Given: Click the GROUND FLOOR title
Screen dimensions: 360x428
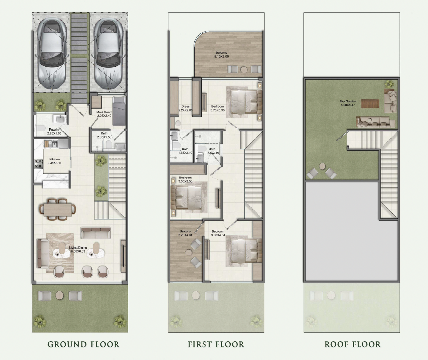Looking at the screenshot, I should [83, 344].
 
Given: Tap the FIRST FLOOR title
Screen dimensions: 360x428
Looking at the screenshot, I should [216, 344].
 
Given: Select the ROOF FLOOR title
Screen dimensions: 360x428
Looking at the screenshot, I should [352, 344].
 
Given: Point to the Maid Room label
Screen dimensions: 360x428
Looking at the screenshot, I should [104, 114].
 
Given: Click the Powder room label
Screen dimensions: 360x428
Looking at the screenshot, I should [54, 131].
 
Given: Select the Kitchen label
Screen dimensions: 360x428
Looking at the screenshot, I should [54, 161].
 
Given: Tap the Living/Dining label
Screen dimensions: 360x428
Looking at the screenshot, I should [78, 249].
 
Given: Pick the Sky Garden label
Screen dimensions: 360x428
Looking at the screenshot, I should [348, 103].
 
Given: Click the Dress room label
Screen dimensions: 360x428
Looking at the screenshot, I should [185, 108].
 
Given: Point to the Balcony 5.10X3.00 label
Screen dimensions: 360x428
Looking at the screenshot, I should [221, 54].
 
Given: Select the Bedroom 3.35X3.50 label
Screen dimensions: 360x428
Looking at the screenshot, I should [185, 179].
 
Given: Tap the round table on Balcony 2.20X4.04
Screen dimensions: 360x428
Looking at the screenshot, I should [189, 252].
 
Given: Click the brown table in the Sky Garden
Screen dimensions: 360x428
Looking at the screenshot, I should [370, 103].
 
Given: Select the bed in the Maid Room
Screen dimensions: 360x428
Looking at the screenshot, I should [119, 110].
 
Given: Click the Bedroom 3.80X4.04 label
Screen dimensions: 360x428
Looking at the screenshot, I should [218, 233].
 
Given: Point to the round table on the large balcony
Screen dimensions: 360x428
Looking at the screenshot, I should [244, 69].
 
